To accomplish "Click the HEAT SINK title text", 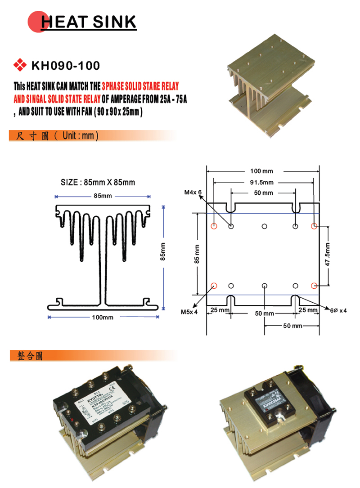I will point(87,21).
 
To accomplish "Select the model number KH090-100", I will point(65,66).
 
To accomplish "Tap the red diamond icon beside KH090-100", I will point(20,66).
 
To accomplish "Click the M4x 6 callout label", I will point(193,193).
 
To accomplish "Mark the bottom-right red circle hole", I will point(315,285).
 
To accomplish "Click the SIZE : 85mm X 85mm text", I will point(98,183).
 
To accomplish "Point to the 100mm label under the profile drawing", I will point(103,317).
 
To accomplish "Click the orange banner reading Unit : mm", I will point(54,135).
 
